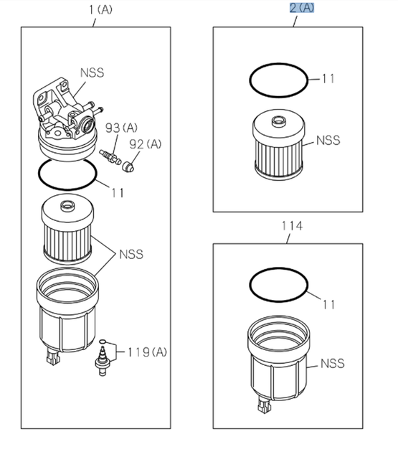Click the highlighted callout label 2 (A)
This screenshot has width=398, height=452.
tap(302, 8)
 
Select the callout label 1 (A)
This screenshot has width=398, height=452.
tap(100, 10)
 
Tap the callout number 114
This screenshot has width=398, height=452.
tap(292, 226)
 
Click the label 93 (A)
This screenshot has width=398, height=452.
tap(121, 128)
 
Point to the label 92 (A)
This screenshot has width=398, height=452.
tap(146, 144)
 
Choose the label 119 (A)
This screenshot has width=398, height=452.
tap(147, 352)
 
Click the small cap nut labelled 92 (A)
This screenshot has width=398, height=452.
tap(128, 167)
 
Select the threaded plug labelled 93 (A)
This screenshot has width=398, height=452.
tap(110, 156)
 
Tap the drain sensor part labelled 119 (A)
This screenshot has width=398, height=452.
tap(103, 359)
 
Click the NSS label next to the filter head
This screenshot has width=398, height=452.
tap(93, 73)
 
